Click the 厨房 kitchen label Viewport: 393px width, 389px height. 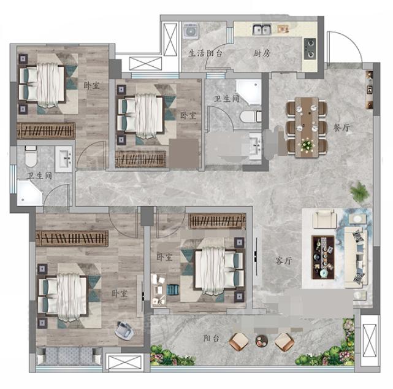pyautogui.click(x=262, y=53)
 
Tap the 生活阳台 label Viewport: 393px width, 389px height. pyautogui.click(x=205, y=53)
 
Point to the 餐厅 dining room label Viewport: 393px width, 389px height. pyautogui.click(x=341, y=128)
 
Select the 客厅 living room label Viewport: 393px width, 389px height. pyautogui.click(x=283, y=261)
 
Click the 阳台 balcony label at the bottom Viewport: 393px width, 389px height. pyautogui.click(x=212, y=338)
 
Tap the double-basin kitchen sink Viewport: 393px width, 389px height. pyautogui.click(x=262, y=29)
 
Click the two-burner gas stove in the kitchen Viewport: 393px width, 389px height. pyautogui.click(x=310, y=48)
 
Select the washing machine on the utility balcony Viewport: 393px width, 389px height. pyautogui.click(x=191, y=31)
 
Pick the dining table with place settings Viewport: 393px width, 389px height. pyautogui.click(x=307, y=127)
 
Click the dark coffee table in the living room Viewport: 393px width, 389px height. pyautogui.click(x=323, y=257)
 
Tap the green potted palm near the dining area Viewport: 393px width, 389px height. pyautogui.click(x=360, y=191)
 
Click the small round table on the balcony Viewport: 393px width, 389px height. pyautogui.click(x=261, y=341)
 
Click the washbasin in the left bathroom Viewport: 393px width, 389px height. pyautogui.click(x=64, y=159)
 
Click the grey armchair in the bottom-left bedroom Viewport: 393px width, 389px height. pyautogui.click(x=124, y=330)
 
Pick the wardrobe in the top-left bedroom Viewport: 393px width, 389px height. pyautogui.click(x=46, y=131)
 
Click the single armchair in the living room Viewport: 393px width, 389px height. pyautogui.click(x=324, y=219)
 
